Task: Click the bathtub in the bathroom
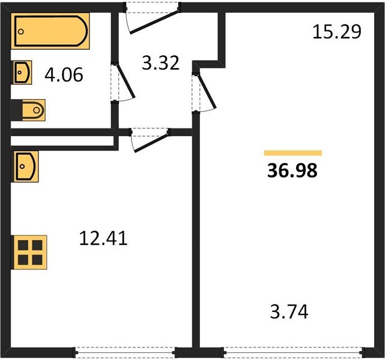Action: [50, 32]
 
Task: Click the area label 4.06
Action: [64, 76]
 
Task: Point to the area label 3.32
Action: [160, 62]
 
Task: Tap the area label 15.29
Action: [336, 31]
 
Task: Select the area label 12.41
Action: [103, 239]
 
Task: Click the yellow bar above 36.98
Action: [293, 153]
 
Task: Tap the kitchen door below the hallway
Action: [148, 140]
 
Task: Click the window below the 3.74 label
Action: [293, 351]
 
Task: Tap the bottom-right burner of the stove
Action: [37, 259]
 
